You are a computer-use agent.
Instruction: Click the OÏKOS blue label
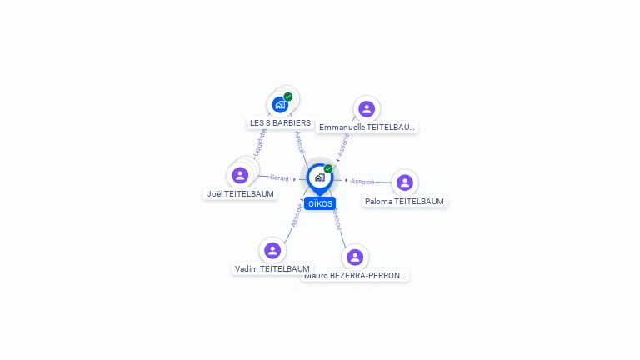pyautogui.click(x=320, y=203)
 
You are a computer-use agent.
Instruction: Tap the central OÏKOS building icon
pyautogui.click(x=319, y=177)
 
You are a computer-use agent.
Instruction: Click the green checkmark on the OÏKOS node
pyautogui.click(x=328, y=168)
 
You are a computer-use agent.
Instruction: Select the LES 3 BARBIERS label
pyautogui.click(x=280, y=122)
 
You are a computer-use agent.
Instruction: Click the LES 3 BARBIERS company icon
pyautogui.click(x=279, y=105)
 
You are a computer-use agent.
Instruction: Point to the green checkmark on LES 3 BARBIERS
pyautogui.click(x=288, y=97)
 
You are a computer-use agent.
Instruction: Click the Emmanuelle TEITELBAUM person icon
pyautogui.click(x=367, y=108)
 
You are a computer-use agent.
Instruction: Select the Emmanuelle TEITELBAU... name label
pyautogui.click(x=367, y=127)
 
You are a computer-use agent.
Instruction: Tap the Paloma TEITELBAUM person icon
pyautogui.click(x=405, y=182)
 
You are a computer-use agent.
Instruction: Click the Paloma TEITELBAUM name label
pyautogui.click(x=405, y=201)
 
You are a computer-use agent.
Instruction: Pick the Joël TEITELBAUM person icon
pyautogui.click(x=240, y=175)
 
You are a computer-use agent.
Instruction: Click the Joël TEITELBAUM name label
pyautogui.click(x=240, y=193)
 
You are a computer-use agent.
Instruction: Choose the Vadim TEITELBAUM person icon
pyautogui.click(x=272, y=250)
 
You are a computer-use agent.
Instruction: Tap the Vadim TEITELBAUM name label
pyautogui.click(x=272, y=268)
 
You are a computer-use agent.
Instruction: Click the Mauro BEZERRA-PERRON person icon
pyautogui.click(x=355, y=257)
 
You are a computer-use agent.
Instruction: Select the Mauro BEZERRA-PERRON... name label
pyautogui.click(x=356, y=275)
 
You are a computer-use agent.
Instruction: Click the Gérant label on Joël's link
pyautogui.click(x=280, y=177)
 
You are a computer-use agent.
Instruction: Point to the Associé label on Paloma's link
pyautogui.click(x=362, y=181)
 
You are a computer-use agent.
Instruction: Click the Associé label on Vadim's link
pyautogui.click(x=296, y=215)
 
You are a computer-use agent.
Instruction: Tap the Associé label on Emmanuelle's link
pyautogui.click(x=342, y=147)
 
